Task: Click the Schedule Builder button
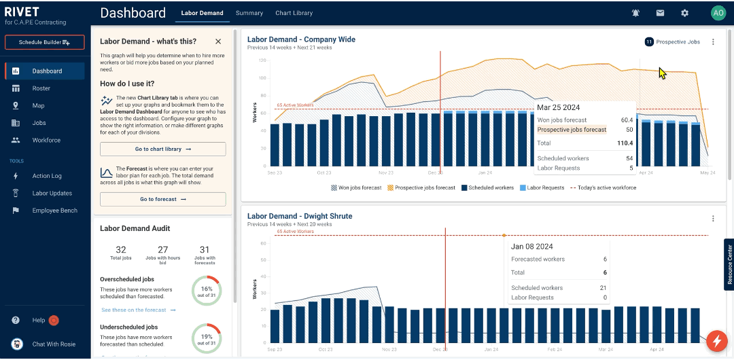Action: tap(44, 42)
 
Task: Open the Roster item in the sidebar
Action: tap(41, 88)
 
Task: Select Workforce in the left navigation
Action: tap(46, 140)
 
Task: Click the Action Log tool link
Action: tap(46, 176)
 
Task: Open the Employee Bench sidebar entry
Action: tap(54, 211)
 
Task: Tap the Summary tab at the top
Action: tap(249, 13)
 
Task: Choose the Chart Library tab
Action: tap(294, 13)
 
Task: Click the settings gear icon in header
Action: tap(684, 13)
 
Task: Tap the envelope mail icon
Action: tap(660, 13)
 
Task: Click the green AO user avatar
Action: tap(718, 13)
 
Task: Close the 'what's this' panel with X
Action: tap(217, 41)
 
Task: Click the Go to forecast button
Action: tap(162, 199)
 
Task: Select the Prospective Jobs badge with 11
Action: tap(672, 42)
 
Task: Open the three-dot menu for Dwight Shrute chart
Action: tap(713, 219)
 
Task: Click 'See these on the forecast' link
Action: tap(138, 310)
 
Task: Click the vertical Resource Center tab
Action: tap(729, 264)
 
